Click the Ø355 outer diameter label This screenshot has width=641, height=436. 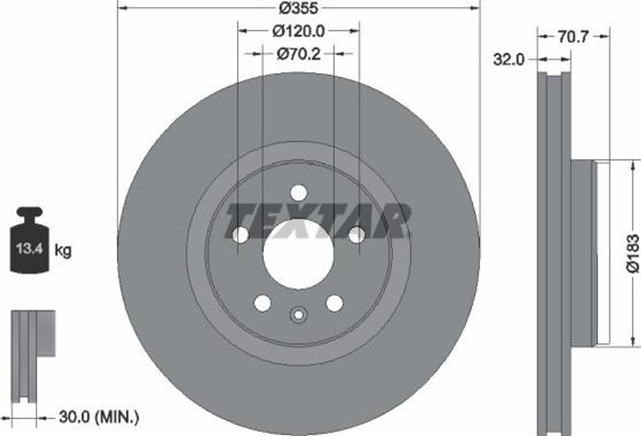click(x=299, y=8)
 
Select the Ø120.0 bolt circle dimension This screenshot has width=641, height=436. click(x=299, y=31)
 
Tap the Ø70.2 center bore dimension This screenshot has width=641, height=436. click(x=299, y=54)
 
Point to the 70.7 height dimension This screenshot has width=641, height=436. click(x=573, y=37)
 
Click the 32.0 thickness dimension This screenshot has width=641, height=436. click(x=508, y=59)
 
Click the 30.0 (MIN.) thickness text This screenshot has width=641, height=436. click(x=99, y=417)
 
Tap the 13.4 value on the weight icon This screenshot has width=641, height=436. click(x=29, y=248)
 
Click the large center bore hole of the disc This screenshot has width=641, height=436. click(x=298, y=254)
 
